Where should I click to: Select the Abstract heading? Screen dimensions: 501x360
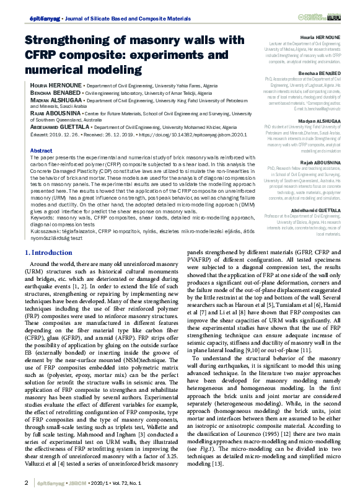[41, 151]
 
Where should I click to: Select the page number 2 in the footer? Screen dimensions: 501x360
[25, 482]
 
